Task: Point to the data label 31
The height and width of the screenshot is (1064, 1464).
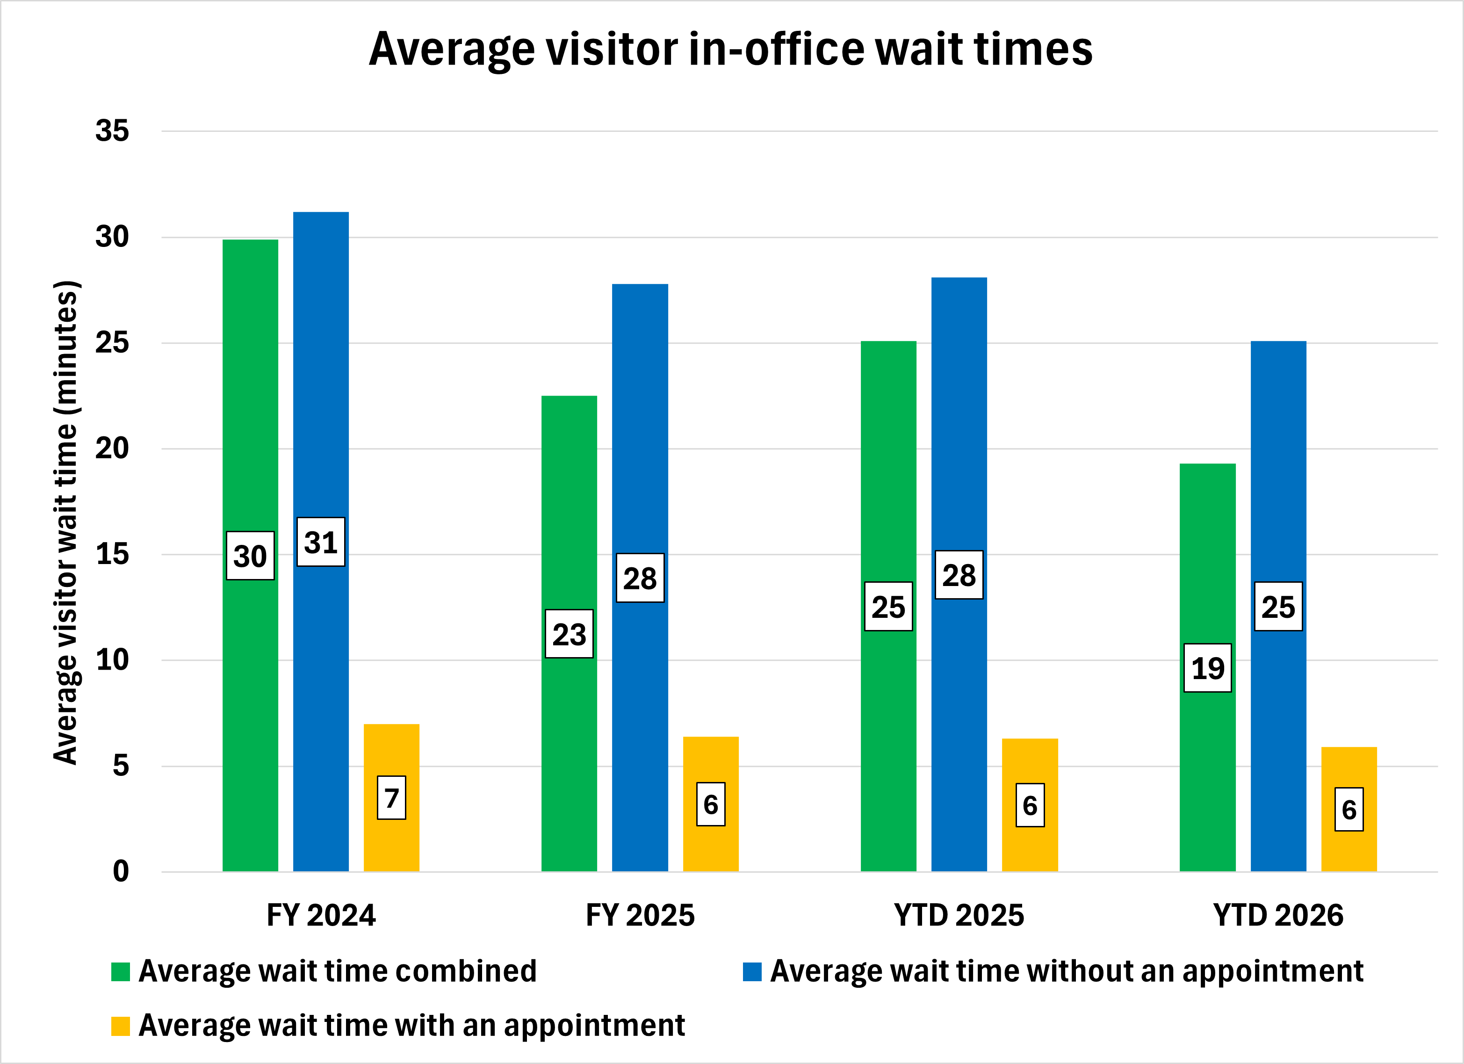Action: [x=321, y=543]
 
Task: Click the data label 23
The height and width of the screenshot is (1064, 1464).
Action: [x=569, y=634]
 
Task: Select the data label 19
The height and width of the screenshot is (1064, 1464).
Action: [x=1207, y=668]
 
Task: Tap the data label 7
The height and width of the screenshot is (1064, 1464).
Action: [x=391, y=798]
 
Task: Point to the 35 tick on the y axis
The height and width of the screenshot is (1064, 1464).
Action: [x=112, y=131]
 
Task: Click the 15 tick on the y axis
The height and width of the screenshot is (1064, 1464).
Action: [x=112, y=555]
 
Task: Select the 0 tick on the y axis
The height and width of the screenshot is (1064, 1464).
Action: [x=121, y=872]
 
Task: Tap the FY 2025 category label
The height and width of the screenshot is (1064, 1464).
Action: [x=640, y=915]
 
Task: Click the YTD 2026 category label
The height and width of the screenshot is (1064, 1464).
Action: [x=1278, y=915]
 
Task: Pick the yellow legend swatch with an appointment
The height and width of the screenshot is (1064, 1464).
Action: [x=120, y=1026]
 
